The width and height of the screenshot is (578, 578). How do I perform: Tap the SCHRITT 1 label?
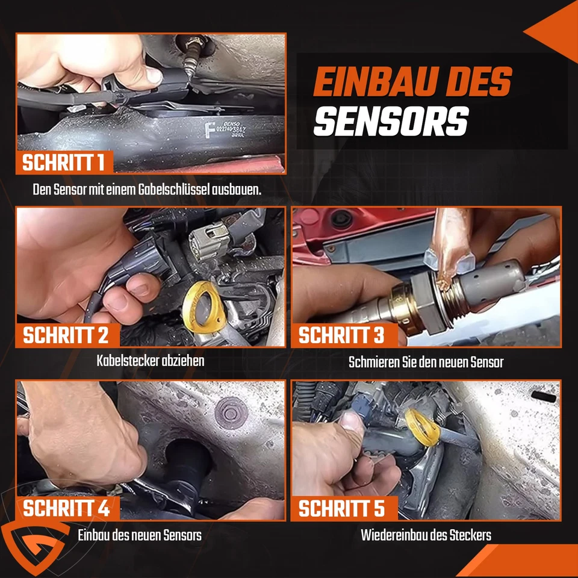click(x=64, y=163)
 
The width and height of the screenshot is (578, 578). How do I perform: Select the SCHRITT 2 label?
click(x=66, y=335)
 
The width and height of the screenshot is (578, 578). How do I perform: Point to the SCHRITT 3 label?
click(x=341, y=335)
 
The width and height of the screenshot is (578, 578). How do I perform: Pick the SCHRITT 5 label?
click(x=341, y=508)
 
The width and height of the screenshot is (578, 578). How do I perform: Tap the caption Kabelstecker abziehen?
click(x=151, y=361)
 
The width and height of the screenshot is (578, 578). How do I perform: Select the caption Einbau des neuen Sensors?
click(x=140, y=535)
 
